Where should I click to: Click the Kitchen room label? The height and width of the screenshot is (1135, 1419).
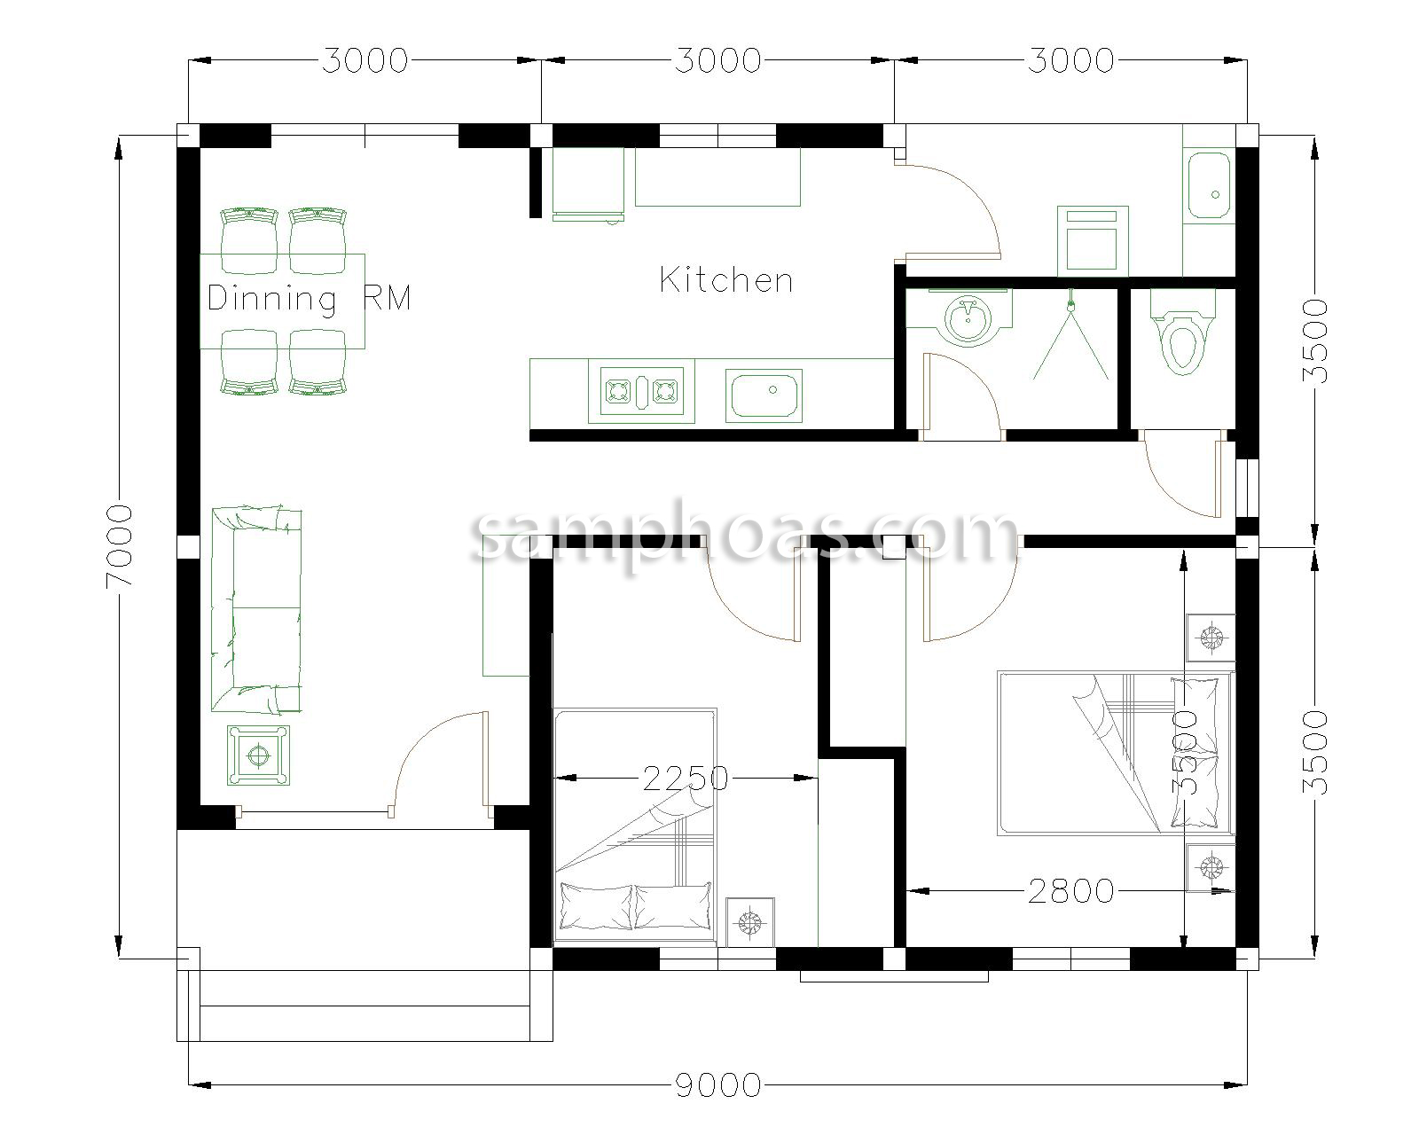[x=725, y=280]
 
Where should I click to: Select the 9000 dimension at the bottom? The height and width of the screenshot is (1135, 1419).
[x=717, y=1084]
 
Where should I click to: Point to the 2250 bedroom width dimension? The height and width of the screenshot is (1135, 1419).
[x=685, y=779]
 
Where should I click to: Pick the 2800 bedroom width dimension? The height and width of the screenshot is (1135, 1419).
[x=1070, y=890]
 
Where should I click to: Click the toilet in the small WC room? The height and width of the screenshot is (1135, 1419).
[x=1183, y=337]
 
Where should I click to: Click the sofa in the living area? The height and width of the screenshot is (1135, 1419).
[x=255, y=610]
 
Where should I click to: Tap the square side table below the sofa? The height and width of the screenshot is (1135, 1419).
[x=258, y=755]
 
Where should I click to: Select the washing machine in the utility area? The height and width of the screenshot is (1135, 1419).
[x=1092, y=241]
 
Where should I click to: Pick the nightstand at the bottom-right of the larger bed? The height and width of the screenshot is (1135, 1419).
[x=1210, y=867]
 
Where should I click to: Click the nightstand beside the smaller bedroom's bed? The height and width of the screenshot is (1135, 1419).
[x=750, y=922]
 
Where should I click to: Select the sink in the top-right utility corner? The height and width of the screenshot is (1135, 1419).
[x=1207, y=185]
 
